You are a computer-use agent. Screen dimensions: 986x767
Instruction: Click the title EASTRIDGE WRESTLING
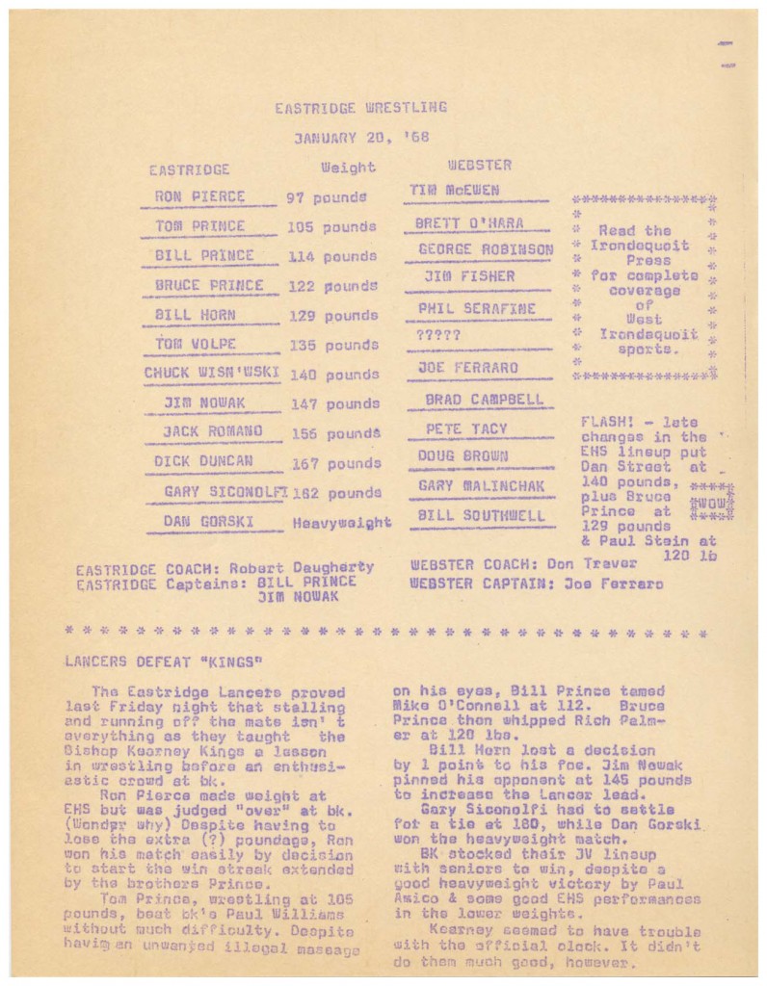tap(360, 107)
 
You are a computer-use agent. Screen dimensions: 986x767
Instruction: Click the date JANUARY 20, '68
tap(360, 138)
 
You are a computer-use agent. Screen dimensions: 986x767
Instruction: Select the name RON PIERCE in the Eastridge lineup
tap(199, 197)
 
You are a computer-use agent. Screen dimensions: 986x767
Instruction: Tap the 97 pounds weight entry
tap(327, 197)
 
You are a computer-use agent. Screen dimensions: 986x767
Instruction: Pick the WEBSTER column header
tap(479, 166)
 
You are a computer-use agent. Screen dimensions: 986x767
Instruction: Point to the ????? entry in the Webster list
tap(438, 336)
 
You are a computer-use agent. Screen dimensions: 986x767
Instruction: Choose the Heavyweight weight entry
tap(341, 524)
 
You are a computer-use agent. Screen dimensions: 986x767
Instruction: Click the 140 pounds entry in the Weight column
tap(333, 375)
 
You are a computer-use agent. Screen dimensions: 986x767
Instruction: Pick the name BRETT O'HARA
tap(469, 223)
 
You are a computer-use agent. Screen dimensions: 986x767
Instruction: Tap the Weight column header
tap(348, 168)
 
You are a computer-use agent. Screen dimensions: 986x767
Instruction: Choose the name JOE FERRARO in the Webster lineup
tap(467, 368)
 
